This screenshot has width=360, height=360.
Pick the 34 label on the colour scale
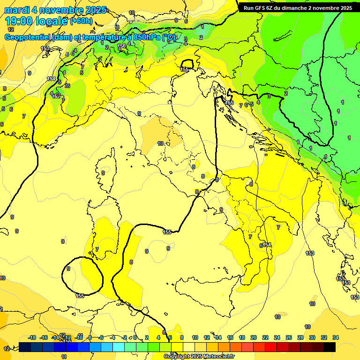[336, 337]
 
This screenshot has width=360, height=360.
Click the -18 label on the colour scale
[32, 337]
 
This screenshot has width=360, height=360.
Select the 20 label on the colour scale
[254, 337]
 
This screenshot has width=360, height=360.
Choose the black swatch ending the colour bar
[329, 347]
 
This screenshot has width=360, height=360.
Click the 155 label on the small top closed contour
[185, 69]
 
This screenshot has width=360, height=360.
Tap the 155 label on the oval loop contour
[80, 295]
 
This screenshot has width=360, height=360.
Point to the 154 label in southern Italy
[267, 245]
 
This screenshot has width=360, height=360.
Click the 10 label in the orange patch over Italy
[160, 143]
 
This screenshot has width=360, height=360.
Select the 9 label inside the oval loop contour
[68, 269]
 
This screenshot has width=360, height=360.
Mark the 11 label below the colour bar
[64, 357]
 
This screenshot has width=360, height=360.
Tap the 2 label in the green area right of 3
[286, 93]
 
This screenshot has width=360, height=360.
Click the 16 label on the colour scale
[230, 337]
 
